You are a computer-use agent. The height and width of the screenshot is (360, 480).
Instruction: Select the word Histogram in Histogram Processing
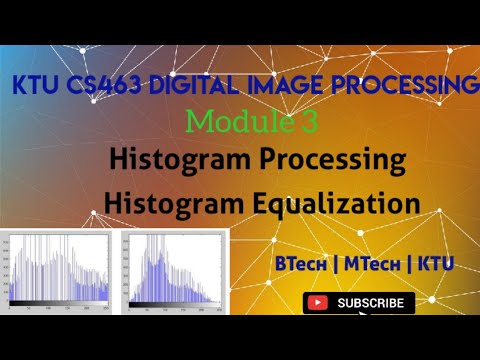point(173,160)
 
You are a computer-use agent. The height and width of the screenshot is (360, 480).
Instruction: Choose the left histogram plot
point(59,265)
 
